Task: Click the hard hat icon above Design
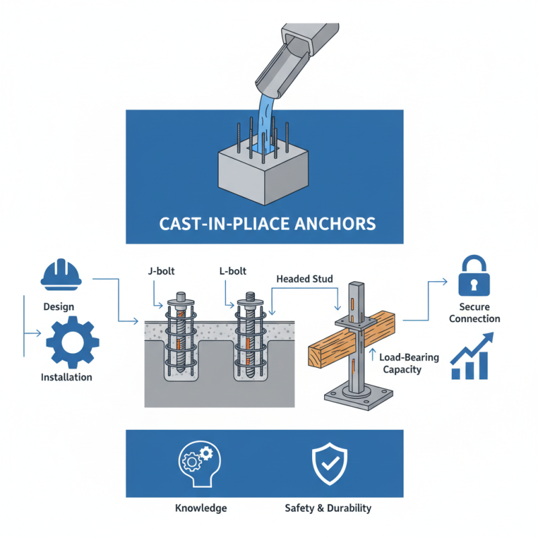(x=61, y=274)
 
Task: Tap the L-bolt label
(x=233, y=272)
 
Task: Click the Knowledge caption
(x=201, y=508)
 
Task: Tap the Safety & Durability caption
(x=328, y=508)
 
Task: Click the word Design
(x=59, y=307)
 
